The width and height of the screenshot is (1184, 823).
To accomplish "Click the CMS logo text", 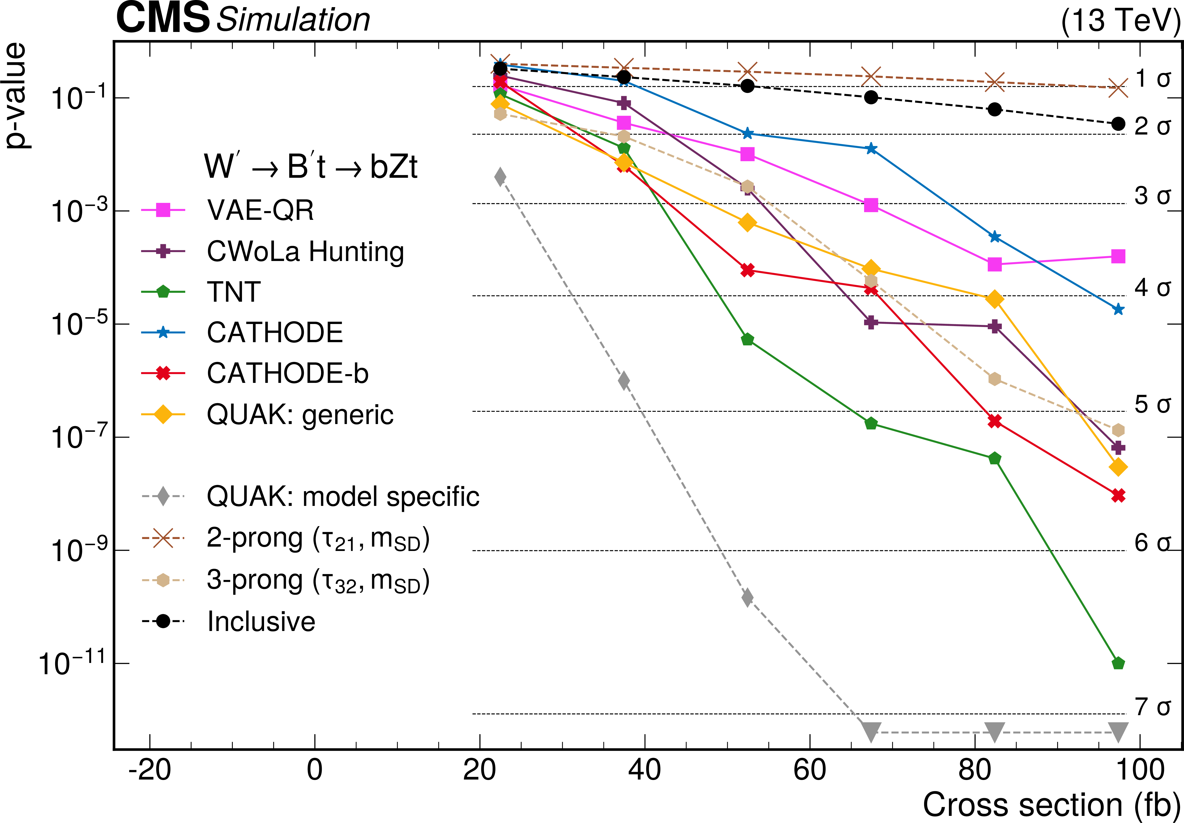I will [x=163, y=19].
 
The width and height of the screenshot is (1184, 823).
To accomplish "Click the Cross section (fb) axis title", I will [x=1051, y=804].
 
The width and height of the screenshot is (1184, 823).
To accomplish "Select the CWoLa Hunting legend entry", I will [x=305, y=252].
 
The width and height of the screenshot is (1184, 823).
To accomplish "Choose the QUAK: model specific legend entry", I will [x=343, y=497].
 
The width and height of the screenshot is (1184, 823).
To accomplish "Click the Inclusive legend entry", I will [x=261, y=621].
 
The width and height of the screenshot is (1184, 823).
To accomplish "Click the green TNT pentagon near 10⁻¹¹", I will [x=1118, y=663].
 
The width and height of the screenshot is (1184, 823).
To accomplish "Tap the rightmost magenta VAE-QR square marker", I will [x=1118, y=256].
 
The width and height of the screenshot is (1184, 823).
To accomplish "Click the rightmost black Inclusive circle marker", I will [x=1118, y=124].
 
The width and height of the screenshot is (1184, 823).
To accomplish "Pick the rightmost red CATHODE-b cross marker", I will [x=1118, y=496].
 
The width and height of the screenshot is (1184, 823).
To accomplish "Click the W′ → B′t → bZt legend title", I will [x=310, y=167].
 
